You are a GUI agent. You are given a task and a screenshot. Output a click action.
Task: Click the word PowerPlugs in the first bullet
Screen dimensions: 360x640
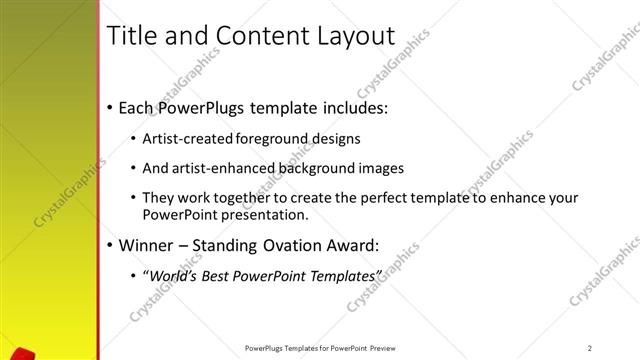[x=207, y=107]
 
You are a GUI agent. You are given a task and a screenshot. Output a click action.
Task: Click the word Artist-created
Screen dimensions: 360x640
[x=189, y=138]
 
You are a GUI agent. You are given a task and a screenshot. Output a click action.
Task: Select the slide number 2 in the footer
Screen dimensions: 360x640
[x=590, y=347]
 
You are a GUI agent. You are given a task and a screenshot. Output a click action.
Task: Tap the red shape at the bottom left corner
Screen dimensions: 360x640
[x=26, y=354]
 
